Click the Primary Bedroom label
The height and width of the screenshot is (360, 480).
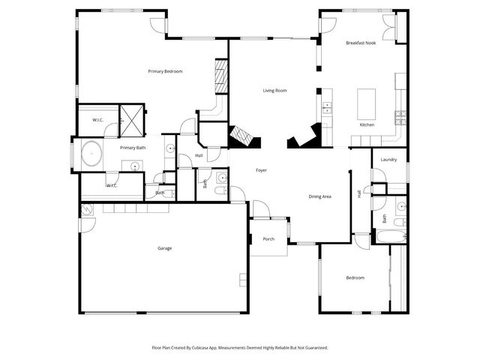pos(165,71)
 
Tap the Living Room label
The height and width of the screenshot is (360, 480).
pos(274,91)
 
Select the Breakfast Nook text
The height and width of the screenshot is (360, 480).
pos(361,43)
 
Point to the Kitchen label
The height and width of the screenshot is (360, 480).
pos(367,124)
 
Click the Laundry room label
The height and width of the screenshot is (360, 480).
pos(388,160)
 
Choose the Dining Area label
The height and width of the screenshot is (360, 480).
pos(320,196)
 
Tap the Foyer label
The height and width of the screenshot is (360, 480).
pos(261,170)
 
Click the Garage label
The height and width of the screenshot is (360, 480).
pos(164,248)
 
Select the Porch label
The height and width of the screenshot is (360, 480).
pos(268,240)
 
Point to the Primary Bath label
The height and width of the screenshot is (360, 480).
pos(133,148)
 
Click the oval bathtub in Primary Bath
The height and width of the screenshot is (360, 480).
pos(91,155)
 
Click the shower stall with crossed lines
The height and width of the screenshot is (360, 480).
pos(133,120)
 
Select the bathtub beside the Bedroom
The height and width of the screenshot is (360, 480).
pos(389,238)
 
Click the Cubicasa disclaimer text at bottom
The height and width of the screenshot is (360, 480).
pos(240,348)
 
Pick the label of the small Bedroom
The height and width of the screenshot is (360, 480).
pos(355,278)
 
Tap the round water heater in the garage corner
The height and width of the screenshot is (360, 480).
pos(86,209)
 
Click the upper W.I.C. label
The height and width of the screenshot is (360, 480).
pos(97,120)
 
